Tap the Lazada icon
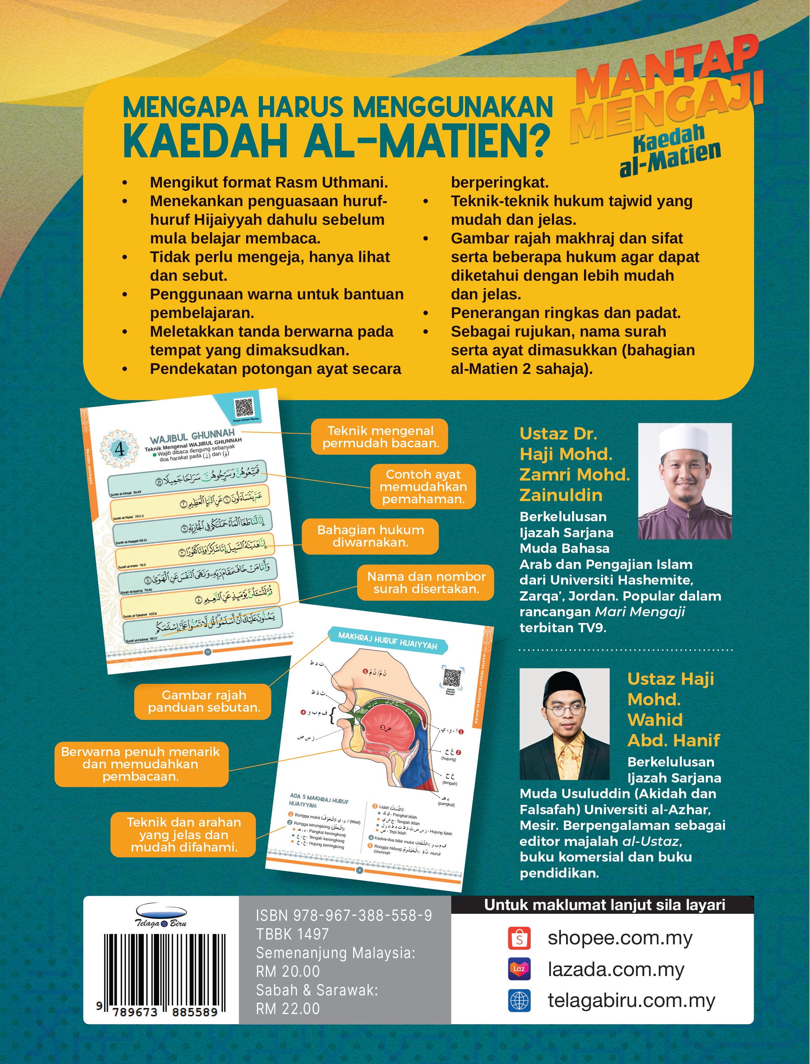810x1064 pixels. click(x=519, y=969)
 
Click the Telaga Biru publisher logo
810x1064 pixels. click(x=161, y=916)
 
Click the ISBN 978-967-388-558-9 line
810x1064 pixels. click(x=344, y=916)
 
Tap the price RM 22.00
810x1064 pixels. click(x=288, y=1008)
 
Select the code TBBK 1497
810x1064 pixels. click(x=292, y=934)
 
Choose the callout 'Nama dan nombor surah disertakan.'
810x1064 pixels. click(x=426, y=583)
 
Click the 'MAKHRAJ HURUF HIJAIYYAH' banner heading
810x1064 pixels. click(x=387, y=640)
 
